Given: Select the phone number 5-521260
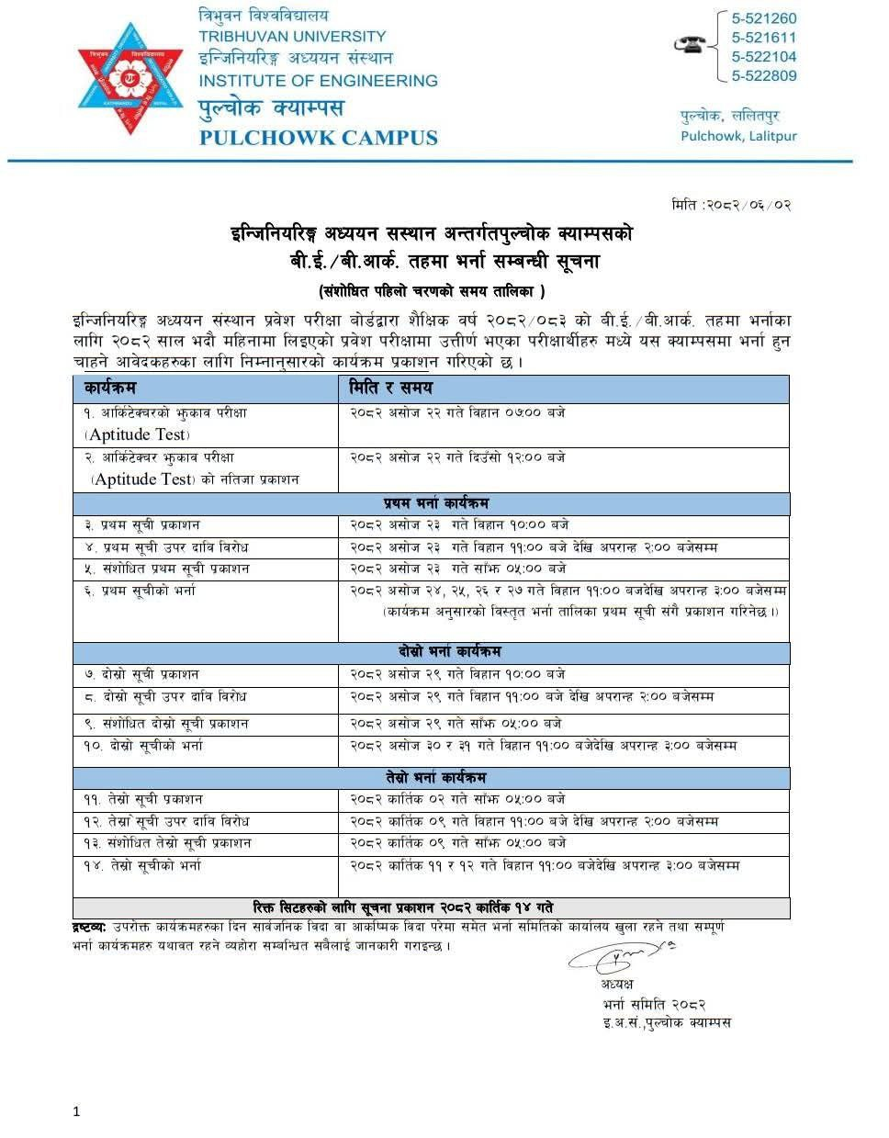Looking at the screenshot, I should tap(763, 18).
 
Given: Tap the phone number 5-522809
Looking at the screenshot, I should tap(763, 76).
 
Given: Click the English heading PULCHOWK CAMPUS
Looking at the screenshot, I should tap(318, 139).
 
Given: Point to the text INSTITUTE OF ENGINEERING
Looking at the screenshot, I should tap(318, 81).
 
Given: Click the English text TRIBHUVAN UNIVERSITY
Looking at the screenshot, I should tap(292, 37).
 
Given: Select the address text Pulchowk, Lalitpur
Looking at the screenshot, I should tap(738, 136).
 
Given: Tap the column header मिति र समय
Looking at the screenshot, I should tap(390, 389).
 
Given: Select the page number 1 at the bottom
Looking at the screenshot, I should tap(76, 1111).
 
